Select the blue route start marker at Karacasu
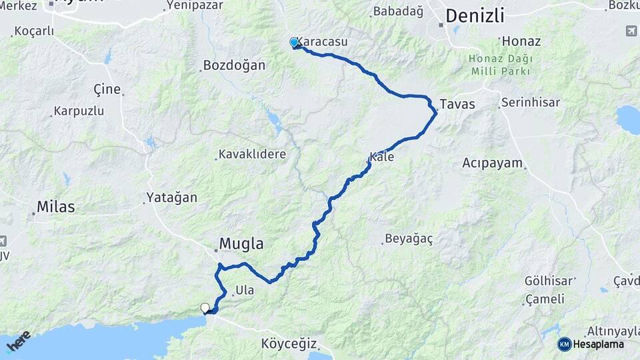click(293, 43)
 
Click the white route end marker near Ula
click(205, 308)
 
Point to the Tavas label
click(457, 104)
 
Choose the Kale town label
click(381, 158)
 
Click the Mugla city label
click(241, 244)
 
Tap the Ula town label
click(245, 291)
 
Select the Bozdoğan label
click(234, 65)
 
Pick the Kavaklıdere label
click(253, 154)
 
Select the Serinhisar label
click(531, 103)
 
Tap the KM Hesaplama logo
click(591, 344)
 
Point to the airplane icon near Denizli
click(631, 31)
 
